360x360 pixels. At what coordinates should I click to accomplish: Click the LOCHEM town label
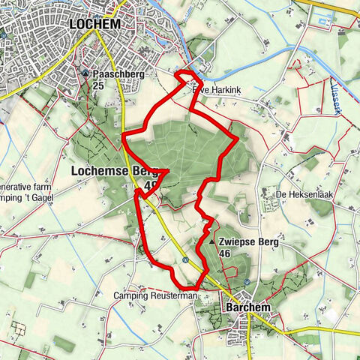point(95,24)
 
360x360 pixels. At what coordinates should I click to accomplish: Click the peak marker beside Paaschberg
point(86,75)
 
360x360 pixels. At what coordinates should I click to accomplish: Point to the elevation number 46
point(224,254)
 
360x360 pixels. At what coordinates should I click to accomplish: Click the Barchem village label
point(247,307)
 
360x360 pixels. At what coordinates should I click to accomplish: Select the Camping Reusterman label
point(155,296)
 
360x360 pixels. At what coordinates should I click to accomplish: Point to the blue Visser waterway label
point(337,97)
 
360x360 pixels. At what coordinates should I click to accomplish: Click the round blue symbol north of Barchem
point(247,281)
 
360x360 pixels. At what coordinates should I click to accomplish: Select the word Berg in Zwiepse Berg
point(266,243)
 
